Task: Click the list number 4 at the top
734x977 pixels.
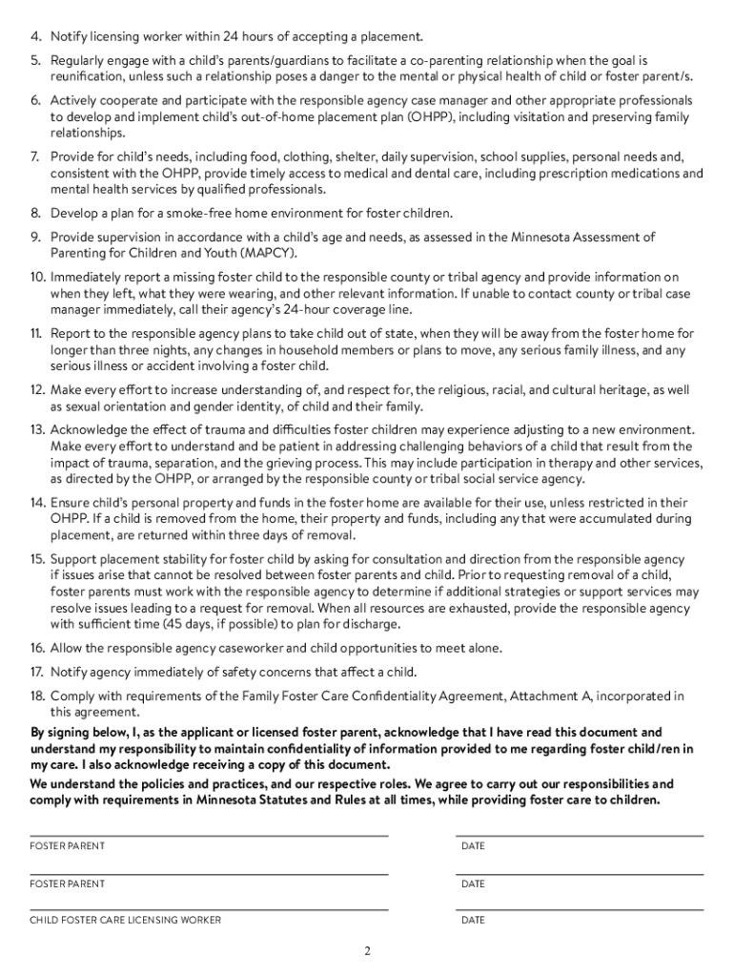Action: (x=35, y=37)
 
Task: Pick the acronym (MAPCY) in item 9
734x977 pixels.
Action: (x=267, y=253)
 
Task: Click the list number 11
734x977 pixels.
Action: (x=36, y=334)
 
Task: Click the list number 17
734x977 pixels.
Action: (x=36, y=672)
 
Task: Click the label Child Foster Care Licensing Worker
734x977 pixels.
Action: (x=126, y=920)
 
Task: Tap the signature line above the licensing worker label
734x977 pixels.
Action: (x=209, y=909)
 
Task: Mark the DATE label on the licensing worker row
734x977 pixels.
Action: (x=473, y=920)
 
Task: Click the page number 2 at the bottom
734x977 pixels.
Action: (x=367, y=951)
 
